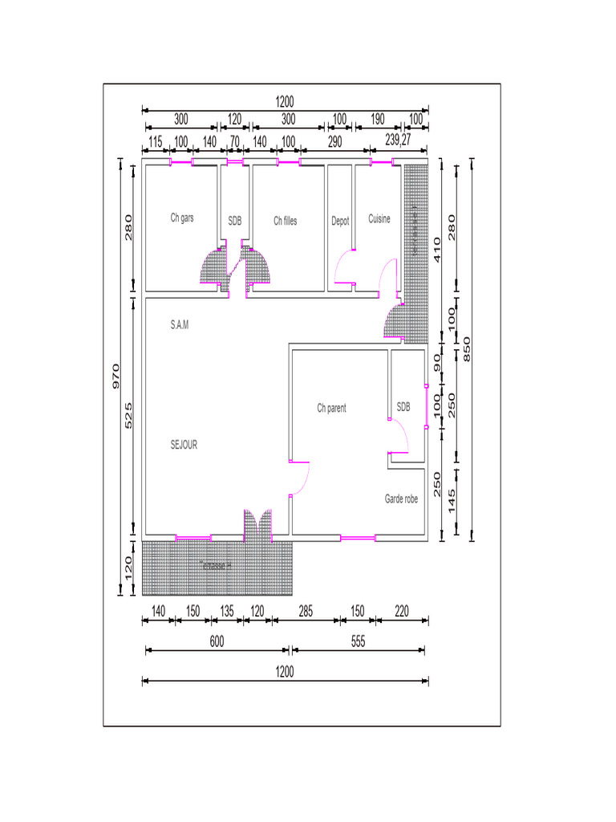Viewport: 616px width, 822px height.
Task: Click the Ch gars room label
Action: click(181, 218)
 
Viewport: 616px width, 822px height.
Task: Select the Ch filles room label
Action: click(285, 221)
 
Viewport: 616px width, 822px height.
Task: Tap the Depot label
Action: click(340, 221)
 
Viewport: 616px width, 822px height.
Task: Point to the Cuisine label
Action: click(379, 218)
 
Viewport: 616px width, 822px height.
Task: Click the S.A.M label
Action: click(180, 325)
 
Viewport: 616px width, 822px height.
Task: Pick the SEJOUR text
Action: click(184, 445)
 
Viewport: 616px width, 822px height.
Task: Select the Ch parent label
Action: click(331, 409)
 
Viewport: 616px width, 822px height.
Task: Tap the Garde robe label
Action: click(401, 498)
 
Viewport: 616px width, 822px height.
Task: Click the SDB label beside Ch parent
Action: click(403, 408)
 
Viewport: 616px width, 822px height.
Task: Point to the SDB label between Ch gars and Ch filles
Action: click(234, 220)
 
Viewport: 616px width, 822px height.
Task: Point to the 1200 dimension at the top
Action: click(285, 102)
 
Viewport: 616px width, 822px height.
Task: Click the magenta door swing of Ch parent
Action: click(301, 479)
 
